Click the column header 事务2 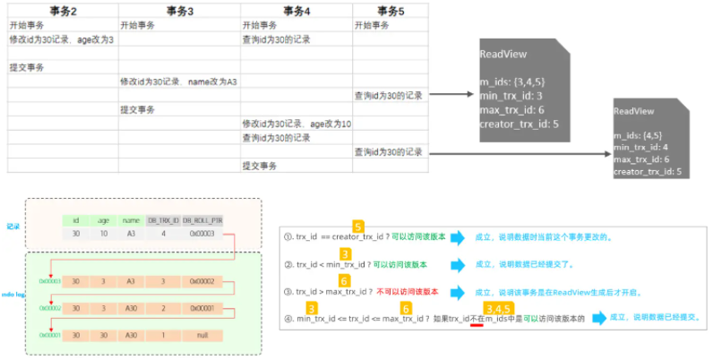click(x=62, y=10)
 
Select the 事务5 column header click(x=390, y=10)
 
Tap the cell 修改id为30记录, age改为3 click(x=62, y=40)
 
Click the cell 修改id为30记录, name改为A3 click(x=178, y=81)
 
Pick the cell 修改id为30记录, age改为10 click(x=296, y=124)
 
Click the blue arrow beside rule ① click(x=458, y=238)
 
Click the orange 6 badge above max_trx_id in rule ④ click(x=405, y=307)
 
